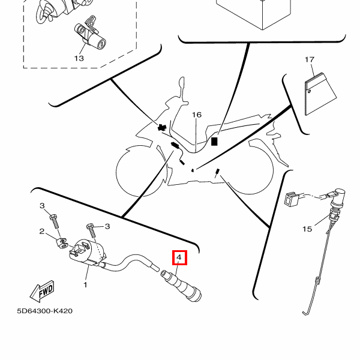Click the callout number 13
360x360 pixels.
pos(79,58)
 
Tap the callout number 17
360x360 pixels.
pos(310,59)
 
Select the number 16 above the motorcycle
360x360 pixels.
pos(197,115)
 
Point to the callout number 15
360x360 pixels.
pos(307,229)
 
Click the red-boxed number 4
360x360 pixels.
pos(179,259)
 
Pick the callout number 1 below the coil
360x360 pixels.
pos(85,284)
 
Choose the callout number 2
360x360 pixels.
pos(43,232)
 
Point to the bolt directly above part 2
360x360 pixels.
pos(55,220)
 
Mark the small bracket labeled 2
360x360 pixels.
pos(62,244)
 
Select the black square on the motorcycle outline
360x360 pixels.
pos(214,142)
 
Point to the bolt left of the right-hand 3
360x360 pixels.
pos(91,229)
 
